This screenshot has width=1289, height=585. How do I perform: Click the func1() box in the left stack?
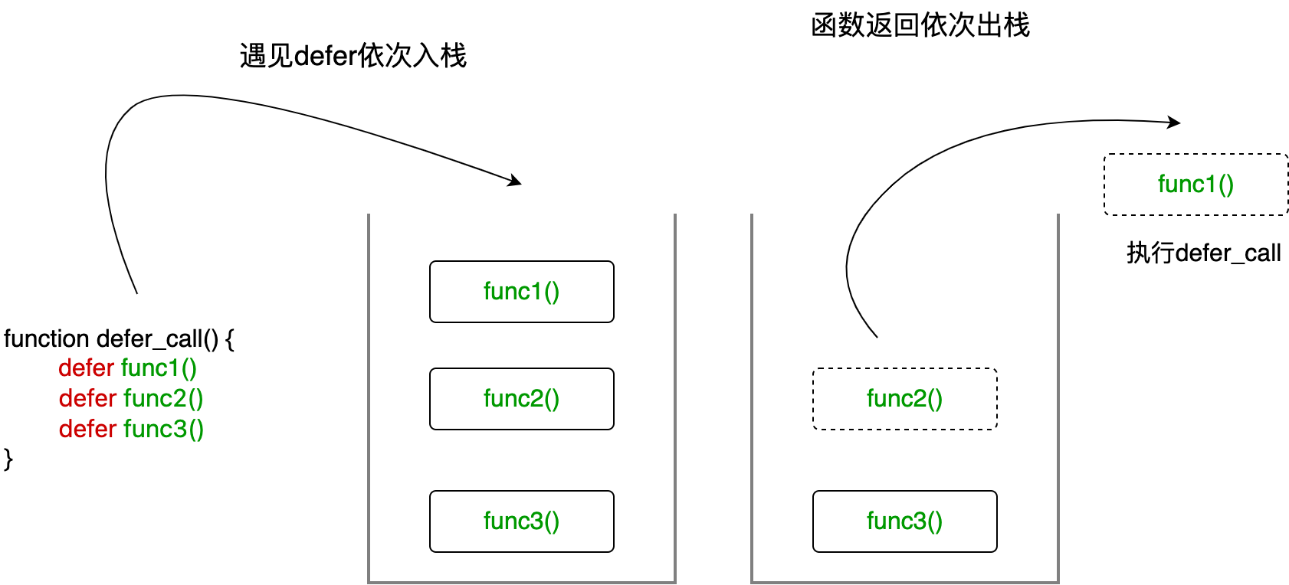click(521, 292)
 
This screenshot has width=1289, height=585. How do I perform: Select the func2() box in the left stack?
click(521, 399)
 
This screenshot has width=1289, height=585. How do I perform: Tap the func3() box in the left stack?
click(521, 521)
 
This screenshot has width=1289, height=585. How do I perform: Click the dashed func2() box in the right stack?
click(904, 399)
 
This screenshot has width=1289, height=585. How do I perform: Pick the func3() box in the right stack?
click(904, 521)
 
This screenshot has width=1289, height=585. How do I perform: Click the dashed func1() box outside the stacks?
click(1196, 185)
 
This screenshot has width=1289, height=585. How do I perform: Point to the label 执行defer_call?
click(1203, 253)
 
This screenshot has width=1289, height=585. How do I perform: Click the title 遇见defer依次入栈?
click(353, 56)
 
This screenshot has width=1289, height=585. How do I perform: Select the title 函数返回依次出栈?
click(920, 25)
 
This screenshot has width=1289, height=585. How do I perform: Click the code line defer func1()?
click(127, 368)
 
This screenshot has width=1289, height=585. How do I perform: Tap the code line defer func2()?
click(131, 399)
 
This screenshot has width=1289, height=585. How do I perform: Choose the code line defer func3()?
click(131, 430)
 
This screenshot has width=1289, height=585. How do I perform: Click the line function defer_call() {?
click(119, 338)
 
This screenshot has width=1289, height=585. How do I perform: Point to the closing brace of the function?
click(8, 459)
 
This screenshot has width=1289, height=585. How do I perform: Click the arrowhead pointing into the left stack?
click(516, 181)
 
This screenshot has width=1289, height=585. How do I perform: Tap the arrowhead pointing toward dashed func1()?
click(1174, 122)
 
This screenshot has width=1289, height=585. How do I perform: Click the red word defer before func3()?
click(87, 430)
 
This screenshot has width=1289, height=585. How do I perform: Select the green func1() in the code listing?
click(159, 368)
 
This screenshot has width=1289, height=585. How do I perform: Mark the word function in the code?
click(47, 338)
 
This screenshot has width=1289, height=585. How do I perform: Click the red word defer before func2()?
click(87, 399)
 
